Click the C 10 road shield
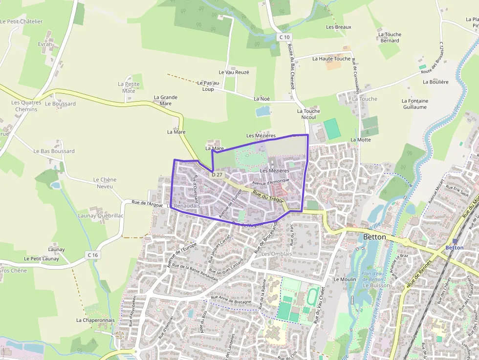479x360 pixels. click(285, 37)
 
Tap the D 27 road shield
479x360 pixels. click(218, 175)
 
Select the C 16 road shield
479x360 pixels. click(93, 255)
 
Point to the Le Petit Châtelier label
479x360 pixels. click(22, 21)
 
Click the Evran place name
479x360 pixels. click(45, 44)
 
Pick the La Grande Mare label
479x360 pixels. click(166, 100)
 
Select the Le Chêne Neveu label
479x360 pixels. click(105, 183)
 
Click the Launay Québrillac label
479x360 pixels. click(101, 215)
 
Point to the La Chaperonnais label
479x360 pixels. click(95, 320)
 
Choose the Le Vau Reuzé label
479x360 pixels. click(234, 72)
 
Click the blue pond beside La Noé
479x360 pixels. click(263, 111)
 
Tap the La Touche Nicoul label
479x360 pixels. click(308, 114)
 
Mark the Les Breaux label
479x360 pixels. click(339, 27)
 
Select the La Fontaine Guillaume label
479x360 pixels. click(415, 104)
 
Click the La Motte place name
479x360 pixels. click(361, 140)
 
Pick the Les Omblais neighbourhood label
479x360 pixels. click(277, 254)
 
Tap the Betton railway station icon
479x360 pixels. click(456, 241)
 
